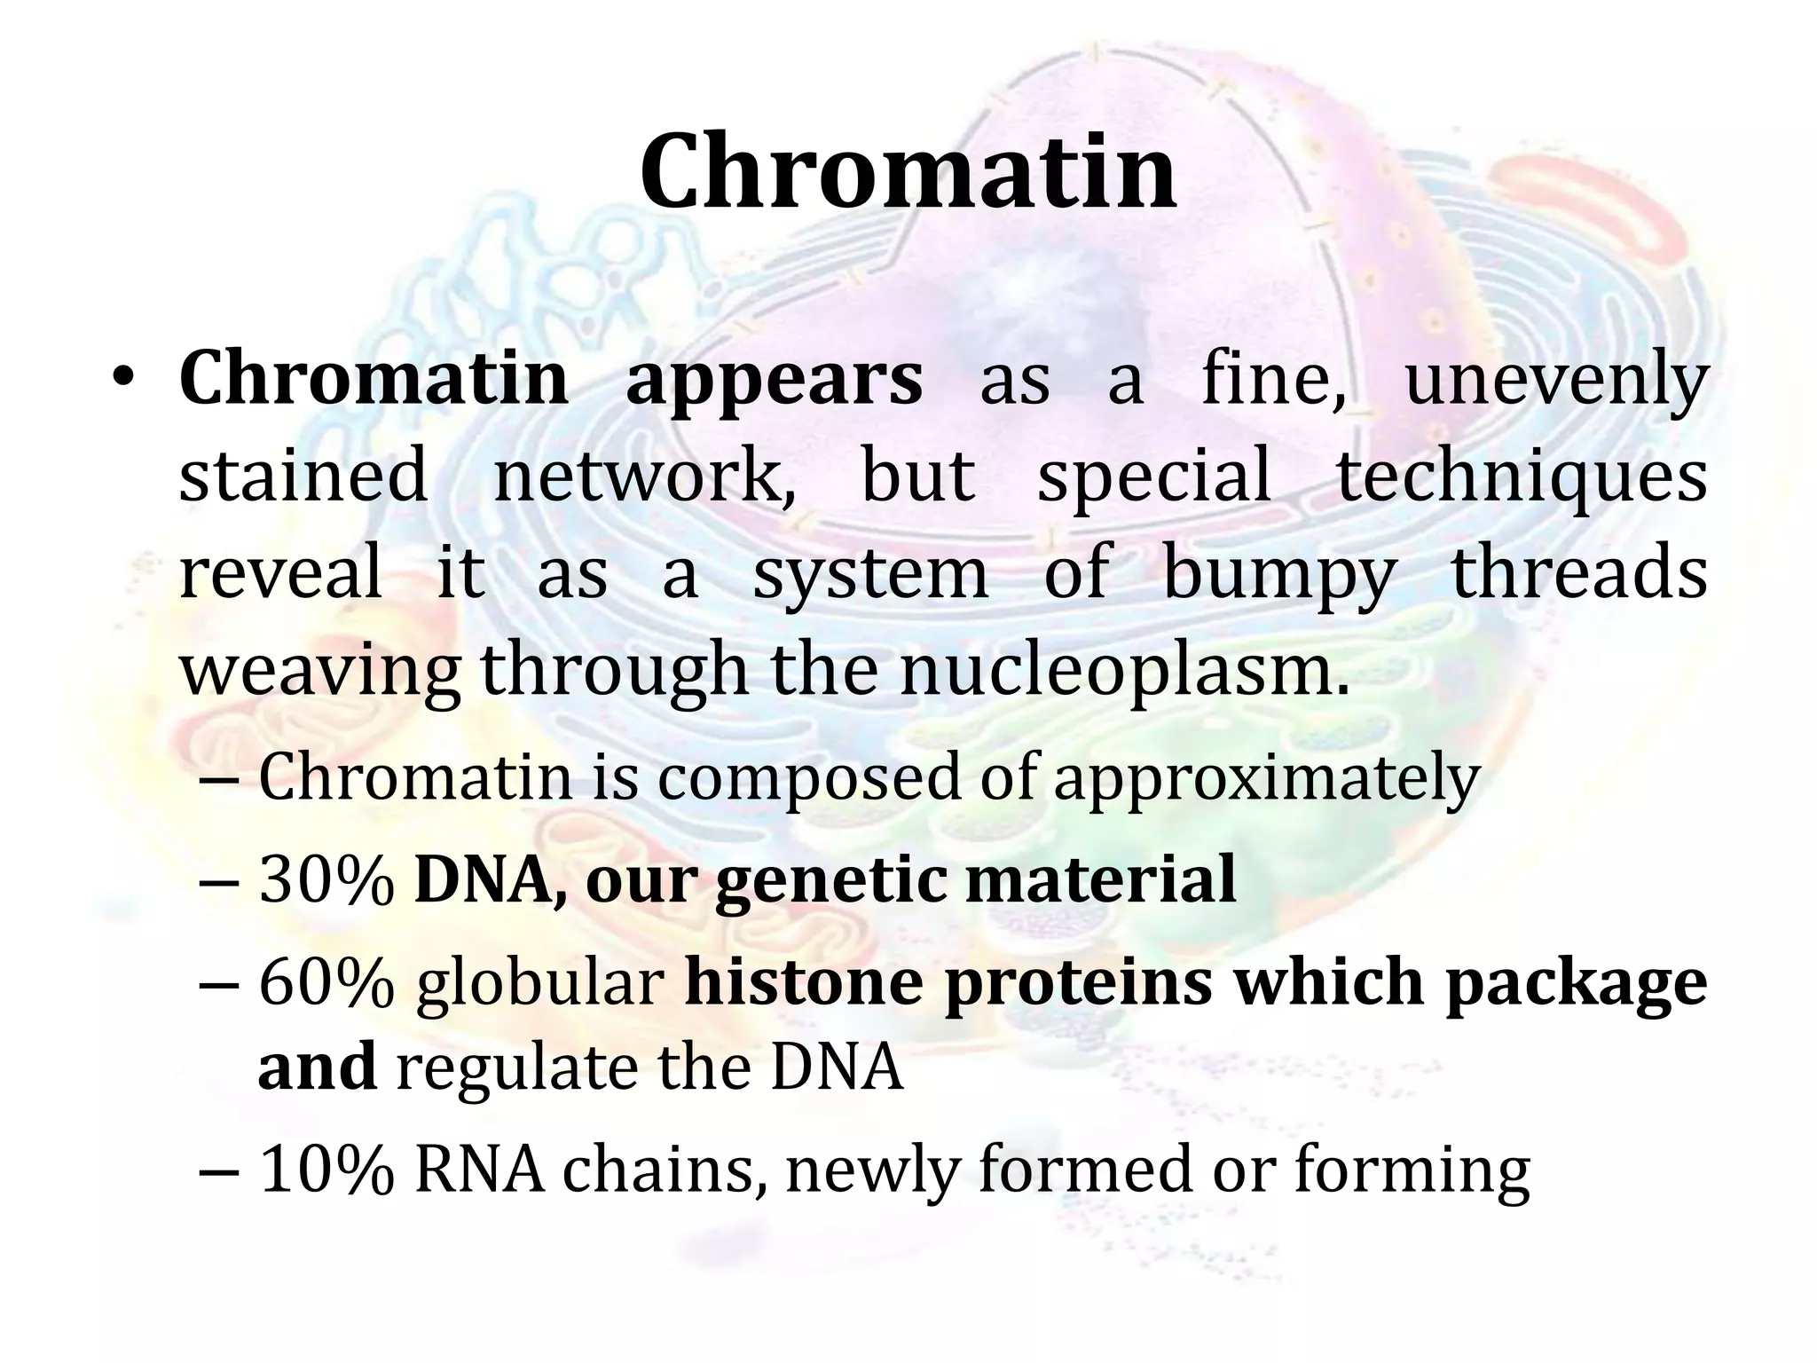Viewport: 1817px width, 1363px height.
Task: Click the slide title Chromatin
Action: (908, 173)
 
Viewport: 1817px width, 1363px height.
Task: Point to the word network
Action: (644, 477)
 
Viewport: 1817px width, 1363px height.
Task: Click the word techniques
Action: (1522, 477)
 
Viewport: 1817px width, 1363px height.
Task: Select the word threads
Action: (1578, 573)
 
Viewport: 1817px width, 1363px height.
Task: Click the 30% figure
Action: (326, 880)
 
